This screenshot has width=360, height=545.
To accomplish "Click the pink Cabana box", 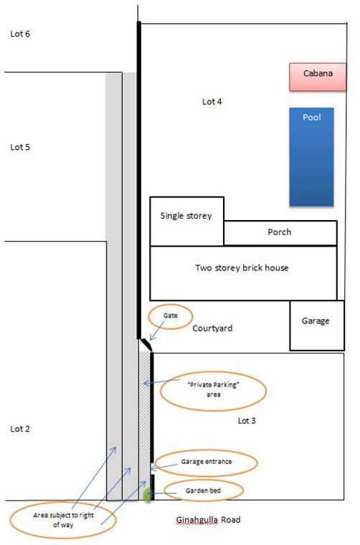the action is (318, 77).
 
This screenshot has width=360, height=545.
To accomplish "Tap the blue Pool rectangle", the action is (311, 157).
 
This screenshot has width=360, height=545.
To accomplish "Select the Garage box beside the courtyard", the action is (317, 326).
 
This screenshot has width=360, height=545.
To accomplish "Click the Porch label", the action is (280, 232).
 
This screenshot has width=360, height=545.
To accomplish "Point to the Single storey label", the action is (186, 216).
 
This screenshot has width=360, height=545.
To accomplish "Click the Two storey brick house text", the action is (242, 267).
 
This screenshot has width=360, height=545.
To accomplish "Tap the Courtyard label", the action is (212, 328).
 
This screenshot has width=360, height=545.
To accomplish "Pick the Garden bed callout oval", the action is (203, 480).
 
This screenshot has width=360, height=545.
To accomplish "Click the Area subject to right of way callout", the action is (63, 503).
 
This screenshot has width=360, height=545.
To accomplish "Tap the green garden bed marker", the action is (148, 495).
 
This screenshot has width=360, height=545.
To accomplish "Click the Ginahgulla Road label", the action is (208, 520).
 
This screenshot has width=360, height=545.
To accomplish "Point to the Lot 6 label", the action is (20, 34).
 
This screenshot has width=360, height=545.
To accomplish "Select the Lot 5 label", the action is (20, 147).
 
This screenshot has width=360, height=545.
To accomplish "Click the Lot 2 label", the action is (20, 429).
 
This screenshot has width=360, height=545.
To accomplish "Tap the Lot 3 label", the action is (247, 420).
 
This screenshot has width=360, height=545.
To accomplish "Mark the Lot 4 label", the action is (212, 102).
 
